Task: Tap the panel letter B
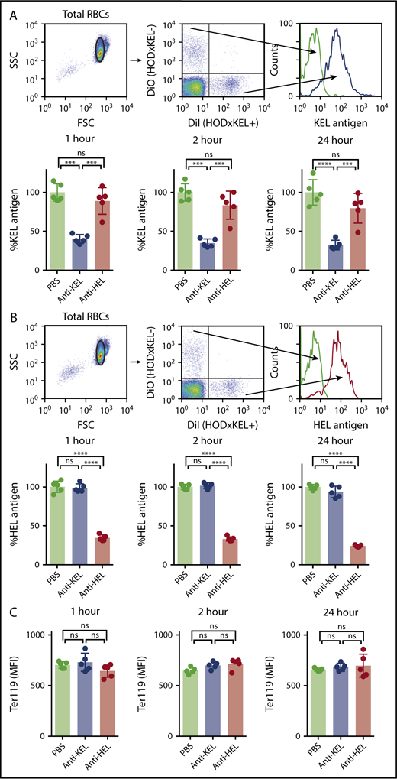tap(8, 313)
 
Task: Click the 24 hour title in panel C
tap(332, 612)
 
